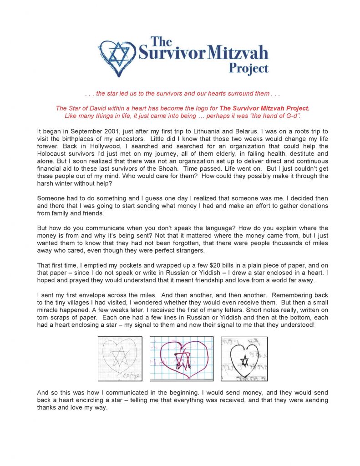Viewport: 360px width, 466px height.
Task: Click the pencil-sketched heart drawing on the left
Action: pyautogui.click(x=120, y=359)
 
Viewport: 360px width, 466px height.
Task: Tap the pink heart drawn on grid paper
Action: pyautogui.click(x=182, y=359)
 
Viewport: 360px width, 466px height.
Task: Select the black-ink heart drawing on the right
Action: pyautogui.click(x=244, y=359)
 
